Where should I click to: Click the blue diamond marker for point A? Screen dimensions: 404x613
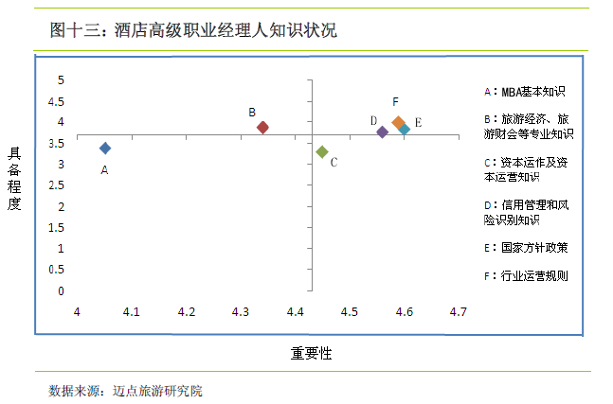click(x=105, y=148)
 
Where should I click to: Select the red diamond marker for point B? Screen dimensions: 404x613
click(x=262, y=127)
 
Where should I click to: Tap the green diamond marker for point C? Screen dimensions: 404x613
click(x=322, y=151)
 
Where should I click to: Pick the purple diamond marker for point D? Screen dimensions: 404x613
click(x=382, y=132)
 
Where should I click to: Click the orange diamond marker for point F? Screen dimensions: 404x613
click(x=398, y=123)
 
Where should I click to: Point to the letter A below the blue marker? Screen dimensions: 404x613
click(x=104, y=170)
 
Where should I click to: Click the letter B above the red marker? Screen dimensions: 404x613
click(x=252, y=112)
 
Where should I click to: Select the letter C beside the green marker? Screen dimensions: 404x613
click(x=334, y=163)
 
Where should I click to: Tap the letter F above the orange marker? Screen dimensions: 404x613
click(x=395, y=102)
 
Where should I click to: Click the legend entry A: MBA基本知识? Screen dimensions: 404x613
click(x=524, y=92)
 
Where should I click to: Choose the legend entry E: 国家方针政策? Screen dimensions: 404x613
click(x=525, y=247)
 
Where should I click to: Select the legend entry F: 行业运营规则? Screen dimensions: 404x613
click(x=525, y=276)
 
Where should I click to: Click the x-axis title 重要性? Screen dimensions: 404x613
click(x=311, y=353)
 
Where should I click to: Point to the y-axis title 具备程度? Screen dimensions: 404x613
click(x=14, y=178)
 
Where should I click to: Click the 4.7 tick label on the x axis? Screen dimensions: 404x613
click(x=459, y=311)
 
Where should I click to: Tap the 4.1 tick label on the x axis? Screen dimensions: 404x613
click(x=132, y=311)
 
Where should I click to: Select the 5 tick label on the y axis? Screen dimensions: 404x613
click(x=61, y=79)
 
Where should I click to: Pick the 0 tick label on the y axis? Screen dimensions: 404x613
click(x=61, y=290)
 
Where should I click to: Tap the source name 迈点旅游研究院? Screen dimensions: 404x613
click(x=158, y=389)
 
